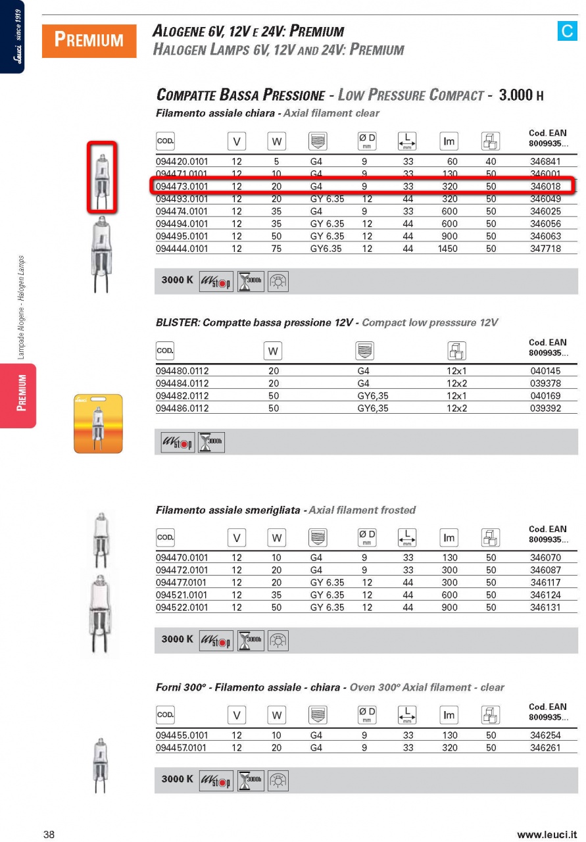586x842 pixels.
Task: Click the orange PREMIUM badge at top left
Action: tap(89, 41)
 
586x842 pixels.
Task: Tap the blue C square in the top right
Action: tap(566, 32)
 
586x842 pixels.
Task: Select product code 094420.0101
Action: tap(182, 162)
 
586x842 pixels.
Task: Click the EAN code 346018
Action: tap(545, 187)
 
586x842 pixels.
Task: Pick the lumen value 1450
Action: tap(447, 249)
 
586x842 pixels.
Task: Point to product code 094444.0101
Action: tap(182, 249)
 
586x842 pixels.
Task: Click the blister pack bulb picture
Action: tap(98, 424)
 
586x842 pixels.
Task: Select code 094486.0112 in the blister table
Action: tap(182, 409)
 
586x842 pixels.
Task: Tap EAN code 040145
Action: tap(545, 372)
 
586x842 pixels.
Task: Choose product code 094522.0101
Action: tap(182, 608)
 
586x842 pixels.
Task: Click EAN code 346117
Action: tap(545, 583)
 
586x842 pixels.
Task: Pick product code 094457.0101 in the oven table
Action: tap(181, 748)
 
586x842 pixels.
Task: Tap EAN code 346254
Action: tap(545, 735)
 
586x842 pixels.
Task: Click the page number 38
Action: tap(49, 835)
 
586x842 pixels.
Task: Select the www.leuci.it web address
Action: tap(548, 835)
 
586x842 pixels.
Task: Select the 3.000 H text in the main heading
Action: tap(522, 95)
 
